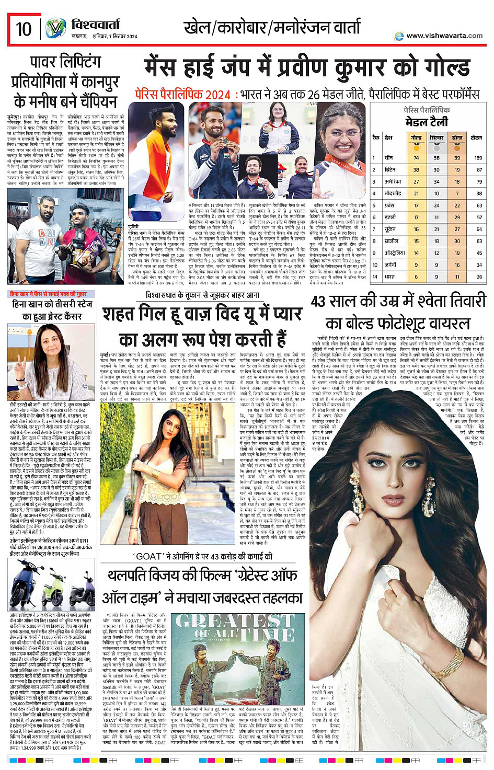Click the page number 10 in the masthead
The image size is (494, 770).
point(24,29)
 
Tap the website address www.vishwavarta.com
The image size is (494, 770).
point(444,36)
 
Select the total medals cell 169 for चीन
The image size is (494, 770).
point(478,157)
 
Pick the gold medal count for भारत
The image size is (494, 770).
point(416,277)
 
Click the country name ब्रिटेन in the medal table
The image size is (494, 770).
point(390,169)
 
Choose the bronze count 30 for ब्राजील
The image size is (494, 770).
point(457,241)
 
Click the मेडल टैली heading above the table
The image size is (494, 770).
point(427,122)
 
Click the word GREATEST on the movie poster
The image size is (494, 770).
point(234,621)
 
